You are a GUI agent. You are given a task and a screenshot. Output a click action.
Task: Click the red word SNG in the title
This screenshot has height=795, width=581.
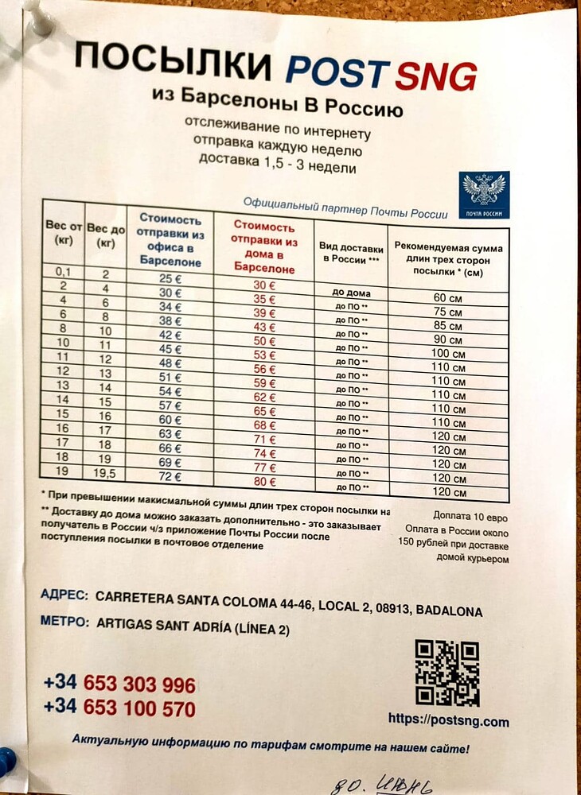click(435, 77)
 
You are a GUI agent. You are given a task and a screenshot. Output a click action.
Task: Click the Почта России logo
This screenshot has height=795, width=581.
click(484, 195)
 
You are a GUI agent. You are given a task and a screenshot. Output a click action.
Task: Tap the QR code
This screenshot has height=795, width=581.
click(446, 672)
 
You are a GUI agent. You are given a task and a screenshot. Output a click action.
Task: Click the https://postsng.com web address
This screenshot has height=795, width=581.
click(448, 721)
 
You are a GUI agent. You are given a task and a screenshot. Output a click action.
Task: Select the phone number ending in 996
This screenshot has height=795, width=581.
click(119, 684)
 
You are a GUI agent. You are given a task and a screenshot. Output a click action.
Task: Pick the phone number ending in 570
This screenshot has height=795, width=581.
click(119, 708)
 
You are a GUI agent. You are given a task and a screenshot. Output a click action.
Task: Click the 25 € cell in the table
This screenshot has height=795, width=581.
click(170, 279)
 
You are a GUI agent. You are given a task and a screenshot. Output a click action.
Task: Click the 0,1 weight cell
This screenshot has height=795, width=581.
click(64, 273)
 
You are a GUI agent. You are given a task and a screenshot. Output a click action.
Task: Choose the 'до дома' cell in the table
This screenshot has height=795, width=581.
click(351, 293)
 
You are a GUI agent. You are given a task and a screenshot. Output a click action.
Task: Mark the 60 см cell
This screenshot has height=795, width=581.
click(449, 297)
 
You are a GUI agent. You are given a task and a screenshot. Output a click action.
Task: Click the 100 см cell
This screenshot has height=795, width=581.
click(449, 352)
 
